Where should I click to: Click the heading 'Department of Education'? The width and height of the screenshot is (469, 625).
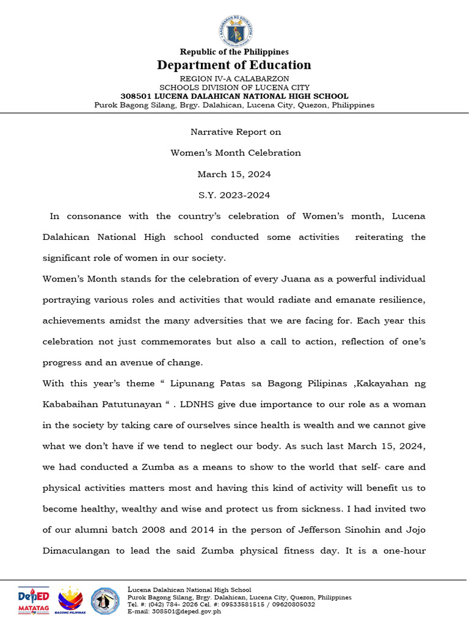(x=234, y=65)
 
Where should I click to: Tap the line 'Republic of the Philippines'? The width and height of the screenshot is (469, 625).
(x=234, y=52)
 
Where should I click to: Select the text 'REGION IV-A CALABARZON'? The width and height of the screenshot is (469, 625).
(x=234, y=79)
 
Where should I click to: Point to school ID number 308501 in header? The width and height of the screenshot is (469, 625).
(x=136, y=96)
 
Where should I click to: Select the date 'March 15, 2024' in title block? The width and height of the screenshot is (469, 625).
(x=234, y=174)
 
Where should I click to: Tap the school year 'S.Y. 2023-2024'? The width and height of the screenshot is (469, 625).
(x=234, y=195)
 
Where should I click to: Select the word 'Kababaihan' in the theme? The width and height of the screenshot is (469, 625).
(x=67, y=405)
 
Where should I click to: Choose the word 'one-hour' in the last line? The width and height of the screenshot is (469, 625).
(x=405, y=551)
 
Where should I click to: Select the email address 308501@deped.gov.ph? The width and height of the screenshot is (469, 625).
(x=187, y=611)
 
